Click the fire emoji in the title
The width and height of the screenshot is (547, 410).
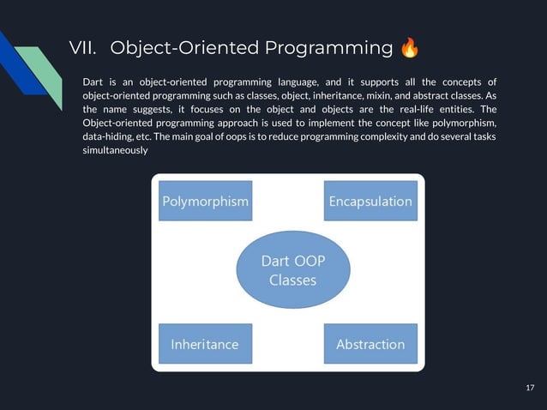point(410,47)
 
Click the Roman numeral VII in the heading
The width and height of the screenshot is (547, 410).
point(84,47)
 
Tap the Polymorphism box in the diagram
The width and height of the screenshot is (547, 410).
point(206,202)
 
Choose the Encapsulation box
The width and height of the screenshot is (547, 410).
point(370,202)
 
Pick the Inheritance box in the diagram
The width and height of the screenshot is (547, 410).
point(206,344)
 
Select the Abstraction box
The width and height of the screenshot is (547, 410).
point(370,344)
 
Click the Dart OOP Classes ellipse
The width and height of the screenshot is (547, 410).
point(292,270)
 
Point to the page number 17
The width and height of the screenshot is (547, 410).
point(529,389)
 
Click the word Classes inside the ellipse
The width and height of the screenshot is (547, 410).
point(292,280)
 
